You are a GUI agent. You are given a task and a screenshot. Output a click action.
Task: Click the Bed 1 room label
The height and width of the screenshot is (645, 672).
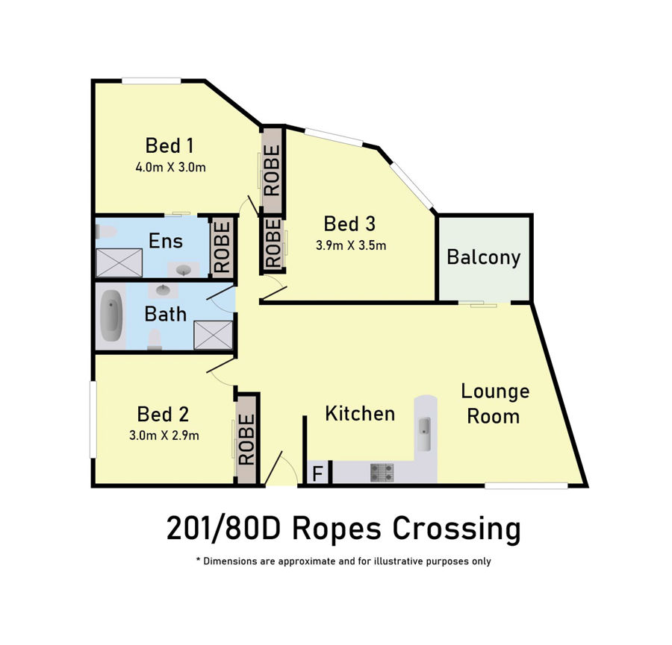click(169, 145)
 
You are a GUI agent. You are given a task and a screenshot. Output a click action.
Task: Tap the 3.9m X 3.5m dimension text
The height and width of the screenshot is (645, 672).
click(351, 245)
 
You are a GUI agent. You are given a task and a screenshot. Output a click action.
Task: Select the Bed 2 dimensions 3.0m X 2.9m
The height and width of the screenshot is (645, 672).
click(164, 435)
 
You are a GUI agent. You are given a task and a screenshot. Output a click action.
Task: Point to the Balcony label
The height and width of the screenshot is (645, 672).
click(483, 257)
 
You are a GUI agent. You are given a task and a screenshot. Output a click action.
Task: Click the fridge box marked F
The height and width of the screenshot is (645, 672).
click(318, 473)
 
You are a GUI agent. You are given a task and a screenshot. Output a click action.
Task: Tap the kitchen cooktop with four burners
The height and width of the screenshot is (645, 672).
click(382, 473)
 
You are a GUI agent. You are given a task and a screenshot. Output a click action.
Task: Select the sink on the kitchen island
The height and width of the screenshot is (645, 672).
click(424, 434)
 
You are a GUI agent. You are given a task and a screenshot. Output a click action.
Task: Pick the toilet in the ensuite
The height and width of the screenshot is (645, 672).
click(106, 232)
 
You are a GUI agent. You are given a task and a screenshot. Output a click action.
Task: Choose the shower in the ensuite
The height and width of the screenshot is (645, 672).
click(119, 262)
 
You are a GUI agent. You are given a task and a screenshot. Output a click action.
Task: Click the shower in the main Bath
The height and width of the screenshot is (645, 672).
click(214, 335)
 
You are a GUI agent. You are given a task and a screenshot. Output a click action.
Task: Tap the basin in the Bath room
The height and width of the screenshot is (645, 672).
click(163, 290)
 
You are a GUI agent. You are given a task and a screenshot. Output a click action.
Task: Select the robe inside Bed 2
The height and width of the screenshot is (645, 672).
click(247, 439)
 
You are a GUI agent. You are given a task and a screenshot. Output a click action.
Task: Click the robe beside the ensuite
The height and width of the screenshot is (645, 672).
click(223, 247)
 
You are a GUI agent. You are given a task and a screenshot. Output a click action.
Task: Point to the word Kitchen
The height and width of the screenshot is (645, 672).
click(360, 414)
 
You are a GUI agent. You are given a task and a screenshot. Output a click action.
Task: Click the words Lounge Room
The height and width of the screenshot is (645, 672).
click(495, 403)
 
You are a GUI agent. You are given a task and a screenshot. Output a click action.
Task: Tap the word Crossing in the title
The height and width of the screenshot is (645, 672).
click(457, 529)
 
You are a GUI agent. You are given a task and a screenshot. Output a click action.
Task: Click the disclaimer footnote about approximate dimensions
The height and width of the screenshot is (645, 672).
click(343, 561)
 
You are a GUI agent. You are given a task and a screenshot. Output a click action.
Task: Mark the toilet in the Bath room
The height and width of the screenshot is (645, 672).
click(155, 339)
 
